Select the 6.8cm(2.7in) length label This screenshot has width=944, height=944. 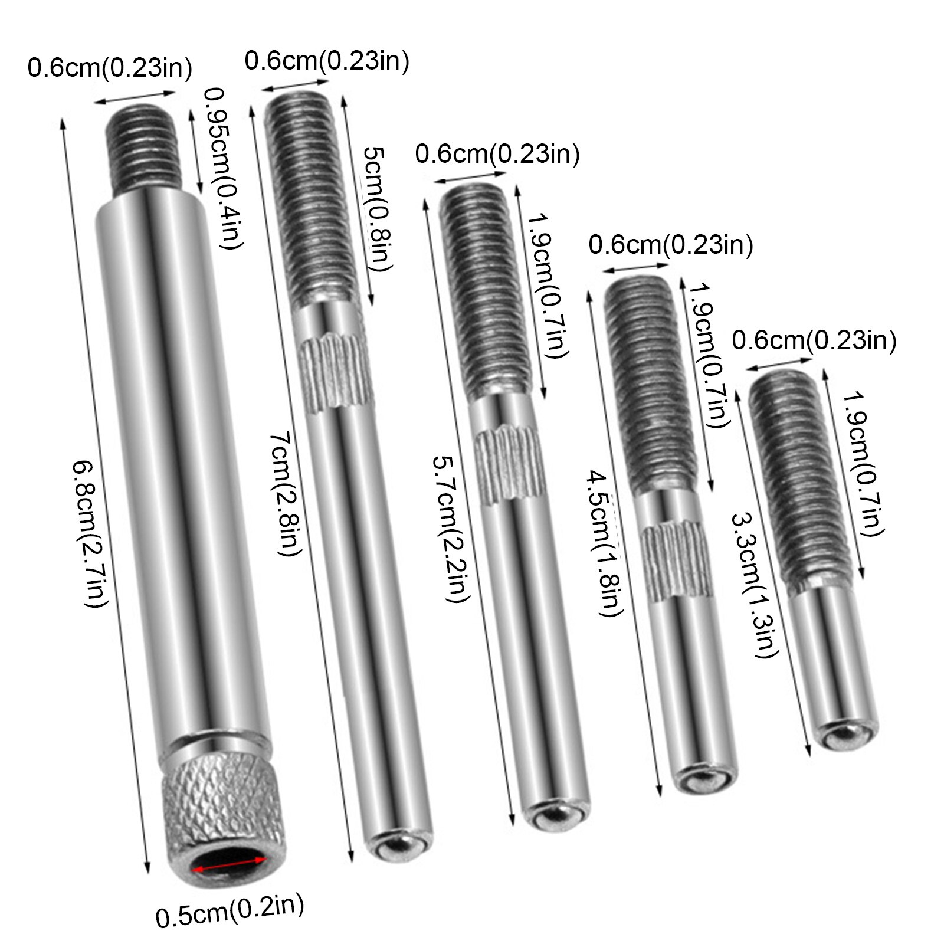[90, 533]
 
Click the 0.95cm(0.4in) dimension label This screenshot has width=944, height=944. [223, 168]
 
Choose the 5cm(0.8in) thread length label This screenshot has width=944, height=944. [378, 209]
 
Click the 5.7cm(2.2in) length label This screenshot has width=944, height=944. [451, 528]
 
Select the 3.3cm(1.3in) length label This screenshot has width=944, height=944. [755, 584]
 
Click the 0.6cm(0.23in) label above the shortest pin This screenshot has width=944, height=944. [814, 340]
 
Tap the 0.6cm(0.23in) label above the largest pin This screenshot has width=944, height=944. [110, 68]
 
